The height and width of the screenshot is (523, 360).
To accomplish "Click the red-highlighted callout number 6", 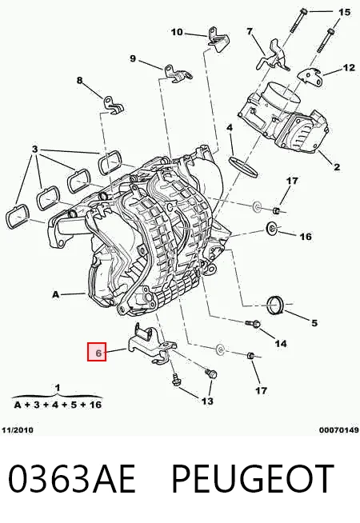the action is [98, 353].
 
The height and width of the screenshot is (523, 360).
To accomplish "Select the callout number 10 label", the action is [177, 32].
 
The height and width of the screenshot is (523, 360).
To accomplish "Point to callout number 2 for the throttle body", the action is [336, 167].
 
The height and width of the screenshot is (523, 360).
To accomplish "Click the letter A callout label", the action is [56, 294].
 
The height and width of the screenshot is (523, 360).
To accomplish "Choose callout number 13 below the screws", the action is [207, 401].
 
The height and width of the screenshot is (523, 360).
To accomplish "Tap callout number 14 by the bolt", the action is [281, 343].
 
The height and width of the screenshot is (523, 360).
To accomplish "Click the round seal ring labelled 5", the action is [276, 305].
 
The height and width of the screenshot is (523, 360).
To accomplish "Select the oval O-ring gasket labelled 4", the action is [244, 165].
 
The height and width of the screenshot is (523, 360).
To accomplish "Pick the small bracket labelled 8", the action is [114, 105].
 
